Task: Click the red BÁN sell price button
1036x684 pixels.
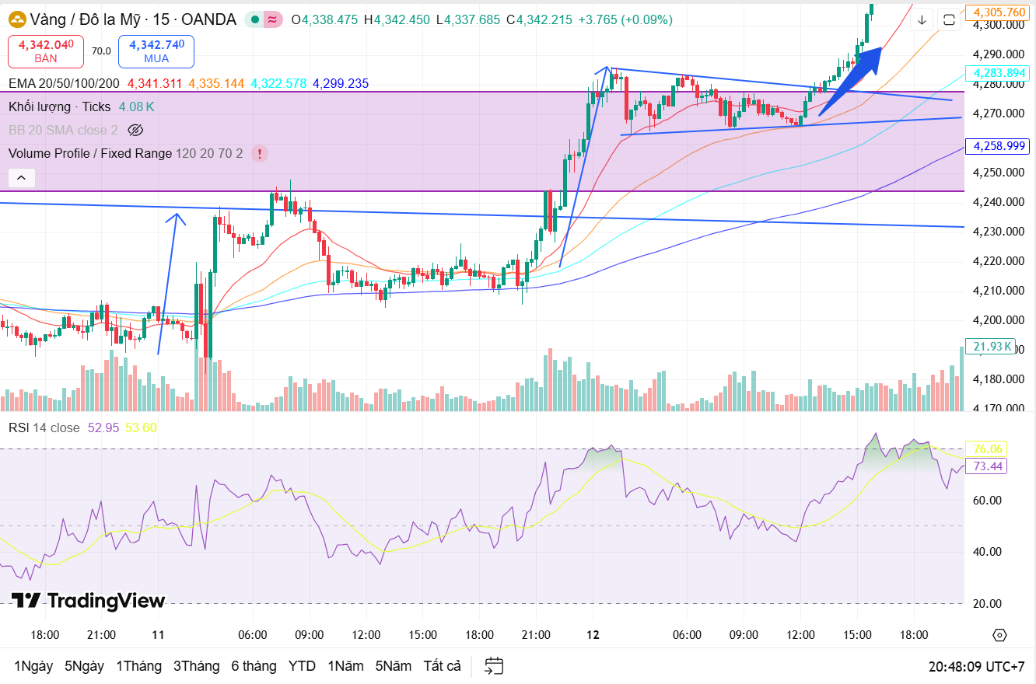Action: click(x=46, y=51)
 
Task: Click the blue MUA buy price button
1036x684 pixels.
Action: click(x=156, y=51)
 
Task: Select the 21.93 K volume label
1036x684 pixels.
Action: click(x=990, y=347)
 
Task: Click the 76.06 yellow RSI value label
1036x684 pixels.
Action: click(x=987, y=448)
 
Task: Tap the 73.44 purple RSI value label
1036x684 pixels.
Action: click(x=987, y=466)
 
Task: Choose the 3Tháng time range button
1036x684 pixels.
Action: click(x=197, y=666)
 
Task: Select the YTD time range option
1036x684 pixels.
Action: click(x=302, y=666)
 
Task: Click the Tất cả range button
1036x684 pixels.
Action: click(x=442, y=666)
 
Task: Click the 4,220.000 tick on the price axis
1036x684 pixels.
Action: click(x=999, y=261)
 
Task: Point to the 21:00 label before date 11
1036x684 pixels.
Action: click(x=102, y=635)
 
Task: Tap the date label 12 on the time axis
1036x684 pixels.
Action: click(x=593, y=635)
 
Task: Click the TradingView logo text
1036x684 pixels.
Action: click(x=89, y=601)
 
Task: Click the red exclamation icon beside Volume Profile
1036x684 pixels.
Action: click(x=260, y=153)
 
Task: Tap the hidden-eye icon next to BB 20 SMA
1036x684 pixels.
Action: click(x=136, y=130)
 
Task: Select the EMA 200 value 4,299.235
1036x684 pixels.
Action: click(x=341, y=83)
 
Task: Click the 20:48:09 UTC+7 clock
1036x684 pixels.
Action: click(x=976, y=667)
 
